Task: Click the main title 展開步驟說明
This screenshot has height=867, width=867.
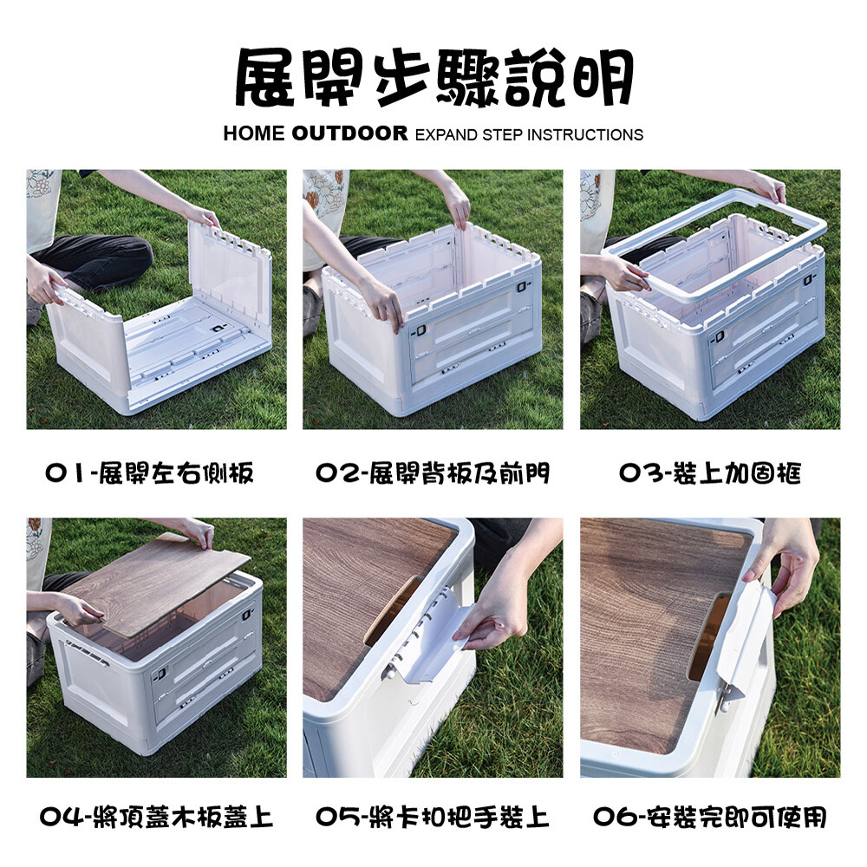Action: tap(434, 77)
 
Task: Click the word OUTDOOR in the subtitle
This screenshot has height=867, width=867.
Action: tap(349, 134)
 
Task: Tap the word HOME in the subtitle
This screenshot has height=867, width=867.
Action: tap(254, 134)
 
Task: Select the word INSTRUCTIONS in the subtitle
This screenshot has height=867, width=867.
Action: tap(585, 134)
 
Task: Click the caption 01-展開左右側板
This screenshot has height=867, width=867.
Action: tap(149, 473)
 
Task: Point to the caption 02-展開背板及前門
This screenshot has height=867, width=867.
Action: tap(433, 473)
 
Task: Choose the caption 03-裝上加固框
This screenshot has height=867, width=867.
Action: tap(710, 473)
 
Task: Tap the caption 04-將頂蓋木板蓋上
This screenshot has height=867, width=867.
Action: tap(156, 817)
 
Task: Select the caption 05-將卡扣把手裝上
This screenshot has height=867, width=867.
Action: tap(433, 817)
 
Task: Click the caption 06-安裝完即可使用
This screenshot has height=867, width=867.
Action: tap(710, 817)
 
